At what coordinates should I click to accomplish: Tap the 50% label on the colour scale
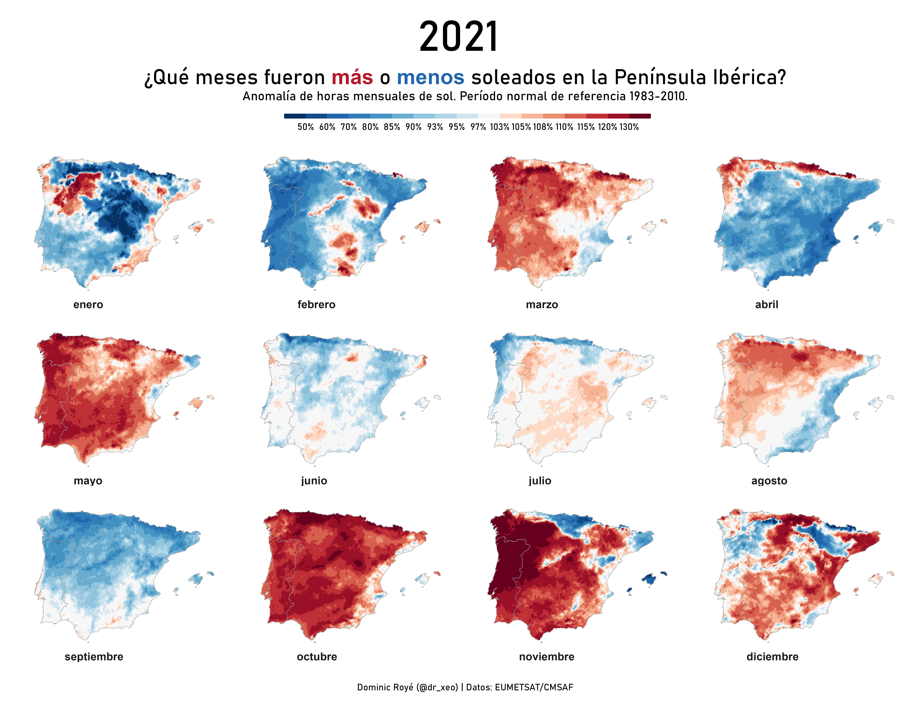click(x=305, y=127)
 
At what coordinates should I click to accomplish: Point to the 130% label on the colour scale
click(x=629, y=127)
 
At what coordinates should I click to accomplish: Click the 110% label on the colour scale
click(x=564, y=127)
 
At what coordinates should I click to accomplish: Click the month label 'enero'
click(x=88, y=305)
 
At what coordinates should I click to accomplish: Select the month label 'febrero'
click(x=316, y=305)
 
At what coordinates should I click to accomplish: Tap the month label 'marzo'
click(x=542, y=305)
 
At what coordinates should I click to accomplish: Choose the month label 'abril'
click(x=767, y=305)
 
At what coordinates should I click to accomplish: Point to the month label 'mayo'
click(x=88, y=481)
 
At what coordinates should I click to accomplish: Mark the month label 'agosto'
click(x=769, y=481)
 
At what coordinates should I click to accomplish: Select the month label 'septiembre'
click(x=94, y=657)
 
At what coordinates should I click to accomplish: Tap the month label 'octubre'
click(x=317, y=657)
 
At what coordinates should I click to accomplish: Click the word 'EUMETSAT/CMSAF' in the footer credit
click(x=534, y=687)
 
